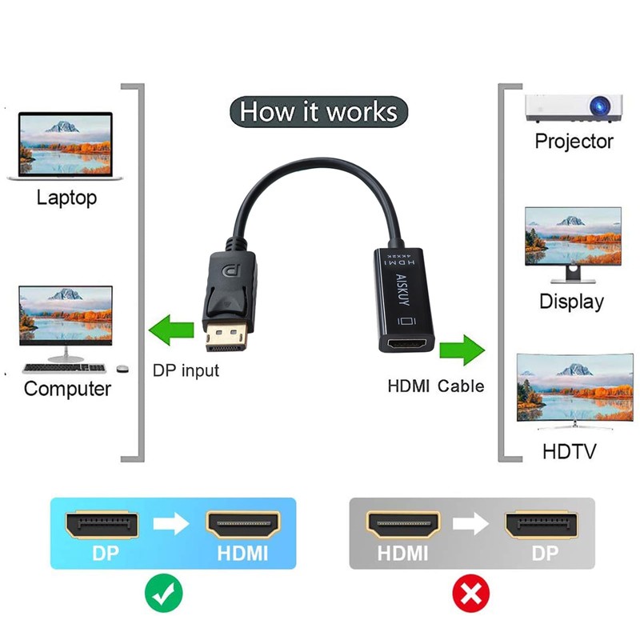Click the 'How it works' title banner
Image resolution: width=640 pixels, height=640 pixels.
(318, 110)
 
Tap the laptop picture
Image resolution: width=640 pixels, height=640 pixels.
(66, 144)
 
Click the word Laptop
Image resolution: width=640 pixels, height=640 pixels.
(66, 197)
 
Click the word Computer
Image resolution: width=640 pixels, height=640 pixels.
(67, 389)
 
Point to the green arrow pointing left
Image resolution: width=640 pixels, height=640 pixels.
(172, 329)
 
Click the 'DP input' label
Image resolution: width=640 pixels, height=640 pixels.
(186, 370)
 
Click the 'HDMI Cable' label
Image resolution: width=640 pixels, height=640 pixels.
(436, 386)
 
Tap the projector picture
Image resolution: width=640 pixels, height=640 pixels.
(574, 106)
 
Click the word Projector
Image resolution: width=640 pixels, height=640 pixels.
(574, 142)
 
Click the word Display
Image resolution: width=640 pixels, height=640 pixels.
(571, 302)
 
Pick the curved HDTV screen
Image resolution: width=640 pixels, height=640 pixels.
(570, 390)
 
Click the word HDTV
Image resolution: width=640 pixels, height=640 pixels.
(570, 451)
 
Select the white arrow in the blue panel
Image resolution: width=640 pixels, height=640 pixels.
(171, 525)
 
